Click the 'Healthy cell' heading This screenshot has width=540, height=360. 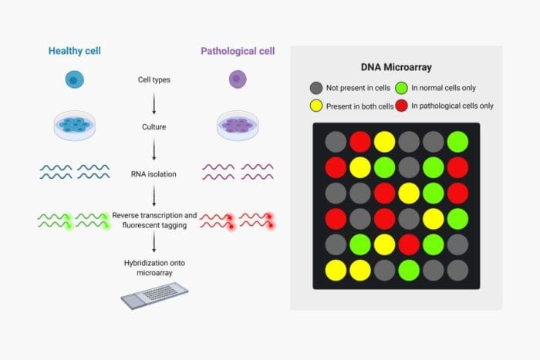(75, 51)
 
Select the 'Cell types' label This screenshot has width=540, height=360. (154, 79)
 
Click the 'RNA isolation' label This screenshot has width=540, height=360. (154, 174)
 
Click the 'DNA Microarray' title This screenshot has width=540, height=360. (397, 68)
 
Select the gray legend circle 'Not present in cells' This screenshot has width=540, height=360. (316, 88)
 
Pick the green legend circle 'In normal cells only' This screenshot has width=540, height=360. (402, 88)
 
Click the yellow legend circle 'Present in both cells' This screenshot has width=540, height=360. (316, 106)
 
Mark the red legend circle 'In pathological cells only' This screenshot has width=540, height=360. (402, 106)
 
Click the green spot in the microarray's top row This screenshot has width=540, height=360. (457, 141)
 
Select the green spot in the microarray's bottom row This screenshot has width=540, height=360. (409, 270)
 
